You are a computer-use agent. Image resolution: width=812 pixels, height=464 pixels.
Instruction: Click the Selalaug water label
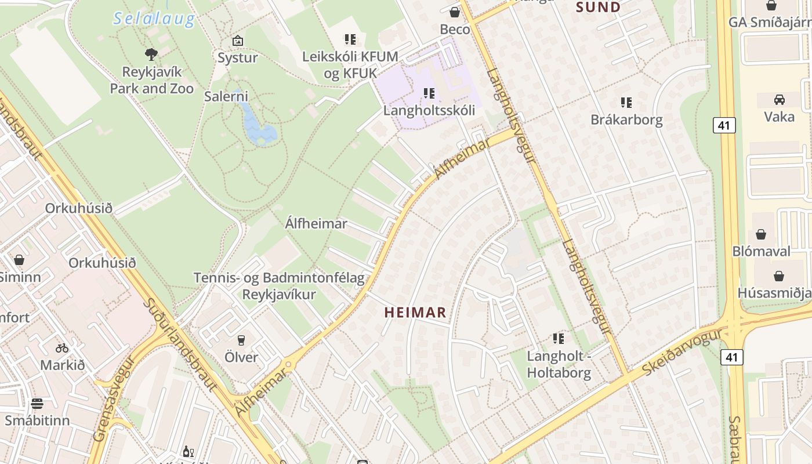tap(154, 19)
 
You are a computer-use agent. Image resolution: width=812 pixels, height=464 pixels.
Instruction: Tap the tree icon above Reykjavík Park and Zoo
tap(151, 55)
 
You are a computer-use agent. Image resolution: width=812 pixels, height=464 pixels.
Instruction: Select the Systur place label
tap(237, 57)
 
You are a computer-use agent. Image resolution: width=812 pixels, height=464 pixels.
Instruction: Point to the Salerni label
tap(226, 96)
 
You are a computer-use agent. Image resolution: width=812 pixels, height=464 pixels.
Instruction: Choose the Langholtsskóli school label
tap(429, 110)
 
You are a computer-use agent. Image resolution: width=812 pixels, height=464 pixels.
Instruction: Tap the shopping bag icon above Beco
tap(455, 12)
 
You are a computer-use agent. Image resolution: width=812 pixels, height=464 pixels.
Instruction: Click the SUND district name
tap(598, 7)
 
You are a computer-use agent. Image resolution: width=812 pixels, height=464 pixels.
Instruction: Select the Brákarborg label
tap(626, 119)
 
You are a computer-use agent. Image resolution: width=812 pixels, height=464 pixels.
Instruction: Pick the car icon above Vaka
tap(779, 99)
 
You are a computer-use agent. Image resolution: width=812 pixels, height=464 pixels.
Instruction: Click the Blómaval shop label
tap(761, 251)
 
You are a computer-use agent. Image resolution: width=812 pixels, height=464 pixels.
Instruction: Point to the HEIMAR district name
tap(415, 313)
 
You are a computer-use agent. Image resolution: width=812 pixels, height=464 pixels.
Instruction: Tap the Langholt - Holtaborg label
tap(559, 364)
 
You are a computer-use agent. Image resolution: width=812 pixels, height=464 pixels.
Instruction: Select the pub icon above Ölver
tap(241, 340)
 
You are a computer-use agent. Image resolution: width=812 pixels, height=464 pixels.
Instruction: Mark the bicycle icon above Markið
tap(62, 348)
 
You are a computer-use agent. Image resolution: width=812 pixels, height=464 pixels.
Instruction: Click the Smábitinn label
tap(37, 420)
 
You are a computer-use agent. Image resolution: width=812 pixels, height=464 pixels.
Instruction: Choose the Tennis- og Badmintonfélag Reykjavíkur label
tap(279, 286)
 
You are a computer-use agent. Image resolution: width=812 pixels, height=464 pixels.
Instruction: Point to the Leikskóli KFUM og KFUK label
tap(350, 65)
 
